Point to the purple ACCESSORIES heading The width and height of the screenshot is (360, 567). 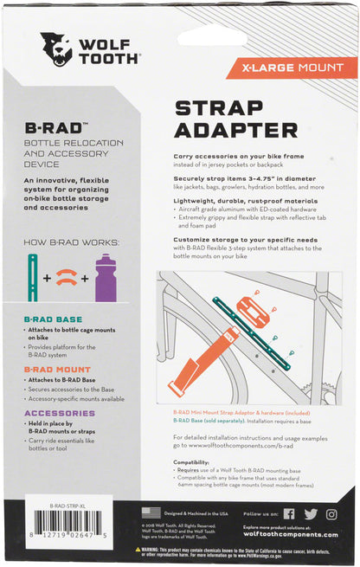[x=61, y=412]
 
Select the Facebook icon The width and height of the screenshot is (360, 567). [x=288, y=513]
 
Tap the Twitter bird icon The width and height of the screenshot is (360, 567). [x=309, y=513]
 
